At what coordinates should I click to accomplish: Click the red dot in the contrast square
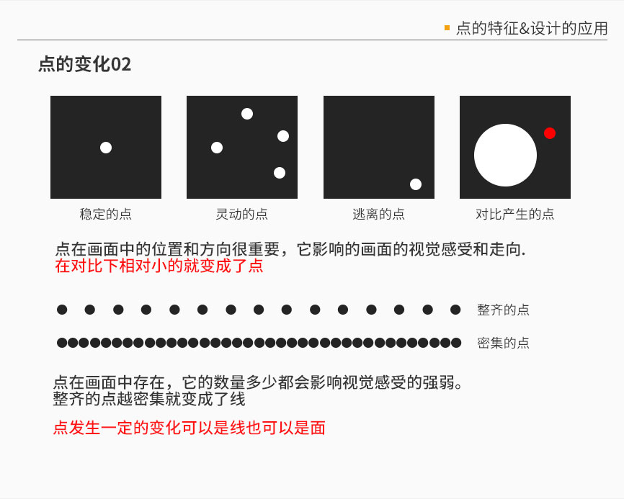(x=550, y=133)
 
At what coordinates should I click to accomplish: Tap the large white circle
(x=505, y=156)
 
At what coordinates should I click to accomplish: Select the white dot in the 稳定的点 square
(x=106, y=148)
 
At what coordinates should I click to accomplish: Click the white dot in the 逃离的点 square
(x=416, y=184)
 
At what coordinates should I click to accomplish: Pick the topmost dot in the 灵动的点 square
(x=247, y=114)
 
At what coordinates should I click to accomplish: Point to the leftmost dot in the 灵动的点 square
(x=217, y=148)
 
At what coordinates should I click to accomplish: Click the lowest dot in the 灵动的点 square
(x=280, y=173)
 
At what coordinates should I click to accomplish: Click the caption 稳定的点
(x=106, y=214)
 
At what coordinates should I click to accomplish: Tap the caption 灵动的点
(x=242, y=214)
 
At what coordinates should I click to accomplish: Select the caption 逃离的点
(x=378, y=214)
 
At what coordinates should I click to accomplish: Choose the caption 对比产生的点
(x=515, y=214)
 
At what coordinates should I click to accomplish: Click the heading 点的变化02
(x=84, y=65)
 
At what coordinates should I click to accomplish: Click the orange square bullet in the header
(x=447, y=28)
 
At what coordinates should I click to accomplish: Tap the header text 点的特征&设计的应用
(x=532, y=29)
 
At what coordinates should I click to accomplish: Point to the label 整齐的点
(x=503, y=310)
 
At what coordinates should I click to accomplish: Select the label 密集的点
(x=503, y=343)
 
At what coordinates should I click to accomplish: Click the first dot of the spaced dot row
(x=62, y=310)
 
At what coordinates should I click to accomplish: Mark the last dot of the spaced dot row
(x=455, y=310)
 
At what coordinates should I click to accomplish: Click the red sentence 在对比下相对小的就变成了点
(x=159, y=266)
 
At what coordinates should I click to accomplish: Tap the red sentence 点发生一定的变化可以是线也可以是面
(x=190, y=428)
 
